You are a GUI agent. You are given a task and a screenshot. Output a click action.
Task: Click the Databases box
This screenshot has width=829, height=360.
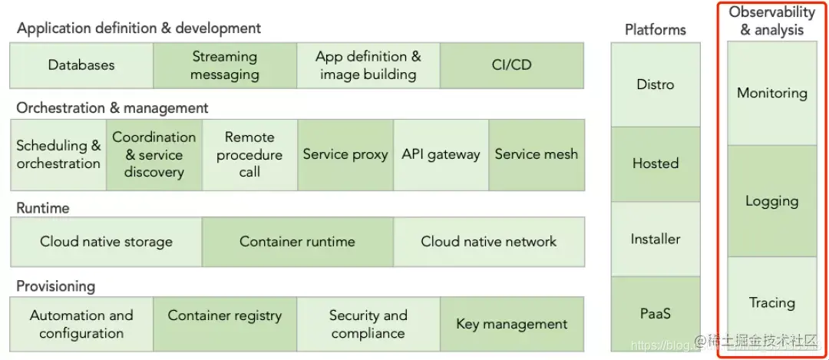pyautogui.click(x=81, y=65)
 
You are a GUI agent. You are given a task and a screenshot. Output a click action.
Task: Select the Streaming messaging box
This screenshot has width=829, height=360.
pyautogui.click(x=225, y=65)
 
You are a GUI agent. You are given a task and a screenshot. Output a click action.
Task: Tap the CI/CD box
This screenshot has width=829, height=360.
pyautogui.click(x=511, y=65)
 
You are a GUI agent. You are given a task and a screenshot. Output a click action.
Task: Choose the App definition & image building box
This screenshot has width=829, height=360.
pyautogui.click(x=368, y=65)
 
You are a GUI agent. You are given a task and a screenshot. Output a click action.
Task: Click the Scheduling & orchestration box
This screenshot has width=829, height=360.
pyautogui.click(x=58, y=154)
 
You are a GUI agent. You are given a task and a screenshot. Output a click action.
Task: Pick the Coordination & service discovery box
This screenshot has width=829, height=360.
pyautogui.click(x=154, y=154)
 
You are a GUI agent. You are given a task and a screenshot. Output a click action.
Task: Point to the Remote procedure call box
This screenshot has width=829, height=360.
pyautogui.click(x=249, y=154)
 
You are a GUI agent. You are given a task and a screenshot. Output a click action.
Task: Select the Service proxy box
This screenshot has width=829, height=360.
pyautogui.click(x=345, y=154)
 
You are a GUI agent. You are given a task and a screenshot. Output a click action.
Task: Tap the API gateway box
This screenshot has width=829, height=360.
pyautogui.click(x=441, y=154)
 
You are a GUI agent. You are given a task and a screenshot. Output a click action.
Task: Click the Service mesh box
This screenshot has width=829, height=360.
pyautogui.click(x=537, y=154)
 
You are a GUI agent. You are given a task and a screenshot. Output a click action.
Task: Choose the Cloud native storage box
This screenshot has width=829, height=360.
pyautogui.click(x=106, y=242)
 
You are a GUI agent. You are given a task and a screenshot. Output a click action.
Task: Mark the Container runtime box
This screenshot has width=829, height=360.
pyautogui.click(x=297, y=242)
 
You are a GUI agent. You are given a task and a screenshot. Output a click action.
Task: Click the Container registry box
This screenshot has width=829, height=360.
pyautogui.click(x=225, y=324)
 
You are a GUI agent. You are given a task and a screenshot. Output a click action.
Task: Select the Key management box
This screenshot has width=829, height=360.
pyautogui.click(x=512, y=324)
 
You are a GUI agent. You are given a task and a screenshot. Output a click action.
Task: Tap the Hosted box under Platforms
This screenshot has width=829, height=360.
pyautogui.click(x=656, y=163)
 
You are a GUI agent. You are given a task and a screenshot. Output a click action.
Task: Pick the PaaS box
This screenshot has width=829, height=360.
pyautogui.click(x=656, y=314)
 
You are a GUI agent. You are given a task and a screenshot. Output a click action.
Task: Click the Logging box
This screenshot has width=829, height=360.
pyautogui.click(x=771, y=202)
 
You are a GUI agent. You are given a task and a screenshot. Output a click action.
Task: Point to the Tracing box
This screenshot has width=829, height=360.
pyautogui.click(x=771, y=303)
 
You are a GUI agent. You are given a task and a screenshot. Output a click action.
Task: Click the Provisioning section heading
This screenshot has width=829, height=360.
pyautogui.click(x=56, y=286)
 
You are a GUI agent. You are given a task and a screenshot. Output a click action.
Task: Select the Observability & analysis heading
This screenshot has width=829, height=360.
pyautogui.click(x=771, y=21)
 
